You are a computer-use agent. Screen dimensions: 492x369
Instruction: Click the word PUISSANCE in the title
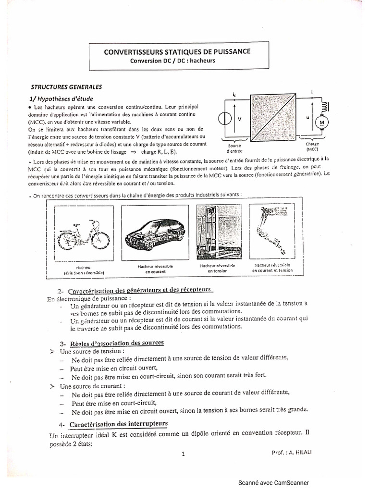point(229,52)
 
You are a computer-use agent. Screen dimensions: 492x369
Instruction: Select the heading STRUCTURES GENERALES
point(66,87)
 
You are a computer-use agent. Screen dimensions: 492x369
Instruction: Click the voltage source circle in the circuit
point(224,119)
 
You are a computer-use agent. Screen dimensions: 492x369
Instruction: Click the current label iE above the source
point(234,95)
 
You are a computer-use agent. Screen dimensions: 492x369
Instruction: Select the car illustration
point(151,233)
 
